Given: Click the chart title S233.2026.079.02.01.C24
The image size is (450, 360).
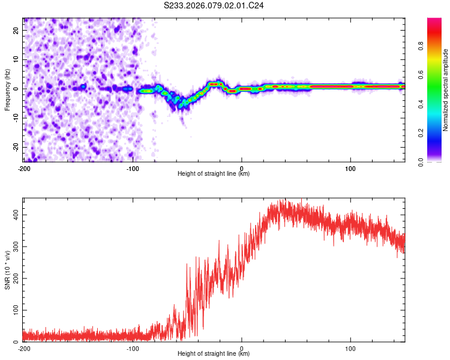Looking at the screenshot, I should point(214,5).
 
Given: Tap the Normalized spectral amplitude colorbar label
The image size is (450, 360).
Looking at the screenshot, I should point(446,90).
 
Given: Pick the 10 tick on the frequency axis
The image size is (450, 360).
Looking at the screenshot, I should point(17,59).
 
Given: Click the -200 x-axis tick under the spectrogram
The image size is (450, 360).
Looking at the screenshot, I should point(24,167).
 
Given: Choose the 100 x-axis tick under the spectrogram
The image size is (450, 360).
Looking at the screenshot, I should point(350,167).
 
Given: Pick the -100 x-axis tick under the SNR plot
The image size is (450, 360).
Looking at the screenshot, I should point(133,348).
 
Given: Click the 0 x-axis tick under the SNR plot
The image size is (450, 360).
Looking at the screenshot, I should point(242,348).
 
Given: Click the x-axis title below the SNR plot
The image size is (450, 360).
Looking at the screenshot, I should point(214,354).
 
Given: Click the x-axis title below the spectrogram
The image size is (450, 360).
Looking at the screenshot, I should point(214,173).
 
